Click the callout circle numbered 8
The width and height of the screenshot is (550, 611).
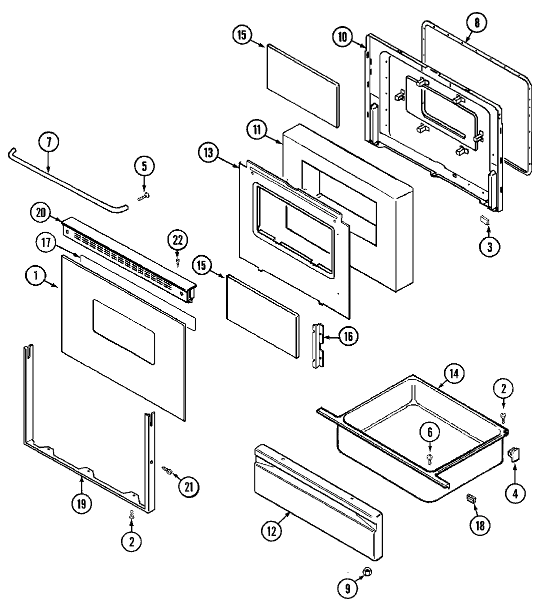[x=476, y=22]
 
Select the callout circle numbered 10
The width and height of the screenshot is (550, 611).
[x=343, y=38]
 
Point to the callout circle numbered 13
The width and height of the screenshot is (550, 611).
[x=208, y=152]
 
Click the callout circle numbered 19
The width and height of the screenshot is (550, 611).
[x=81, y=504]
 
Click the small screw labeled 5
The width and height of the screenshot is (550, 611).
[x=142, y=197]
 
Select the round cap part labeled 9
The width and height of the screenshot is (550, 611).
[x=367, y=571]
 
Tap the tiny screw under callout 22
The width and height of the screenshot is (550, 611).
[x=177, y=261]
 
